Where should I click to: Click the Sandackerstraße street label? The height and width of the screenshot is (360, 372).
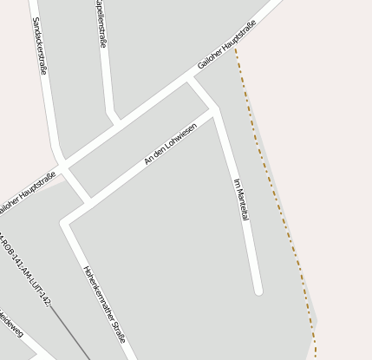point(39,45)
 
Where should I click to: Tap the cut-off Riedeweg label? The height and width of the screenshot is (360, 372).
point(10,324)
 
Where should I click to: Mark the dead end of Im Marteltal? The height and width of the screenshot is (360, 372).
point(258,291)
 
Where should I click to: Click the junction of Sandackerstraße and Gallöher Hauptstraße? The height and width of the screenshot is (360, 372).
point(62,164)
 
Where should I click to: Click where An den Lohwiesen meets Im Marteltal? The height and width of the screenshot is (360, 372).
point(215,109)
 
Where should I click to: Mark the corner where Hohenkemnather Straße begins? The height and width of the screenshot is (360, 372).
point(65,224)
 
